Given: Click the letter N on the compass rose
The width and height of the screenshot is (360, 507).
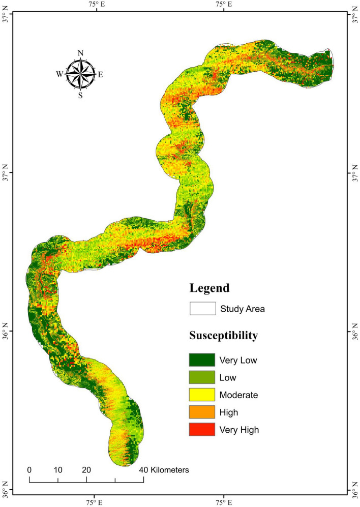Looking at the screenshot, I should coord(80,53).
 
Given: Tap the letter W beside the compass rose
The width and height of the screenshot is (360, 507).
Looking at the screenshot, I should coord(59,74).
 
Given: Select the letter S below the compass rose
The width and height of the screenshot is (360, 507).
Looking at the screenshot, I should coord(80,95).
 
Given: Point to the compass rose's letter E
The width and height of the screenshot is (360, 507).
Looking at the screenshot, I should coord(100,74).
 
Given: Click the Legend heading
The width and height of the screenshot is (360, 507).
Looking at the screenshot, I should coord(209,288).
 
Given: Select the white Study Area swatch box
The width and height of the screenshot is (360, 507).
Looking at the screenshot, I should coord(202,308).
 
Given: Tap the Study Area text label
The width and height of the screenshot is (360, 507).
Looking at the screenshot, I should coord(243,308).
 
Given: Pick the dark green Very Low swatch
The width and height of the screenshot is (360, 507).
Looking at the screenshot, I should coord(202,361).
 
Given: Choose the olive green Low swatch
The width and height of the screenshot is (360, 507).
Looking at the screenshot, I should coord(202,378).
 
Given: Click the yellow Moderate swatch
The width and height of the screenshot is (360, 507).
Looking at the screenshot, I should coord(202,395).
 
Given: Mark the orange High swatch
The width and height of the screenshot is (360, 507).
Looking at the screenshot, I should coord(202,412).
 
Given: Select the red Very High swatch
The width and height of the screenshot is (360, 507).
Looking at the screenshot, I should coord(202,430).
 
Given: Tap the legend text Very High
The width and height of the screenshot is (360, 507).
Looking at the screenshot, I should coord(239,430).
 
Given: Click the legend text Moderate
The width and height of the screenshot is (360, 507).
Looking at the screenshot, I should coord(238,395).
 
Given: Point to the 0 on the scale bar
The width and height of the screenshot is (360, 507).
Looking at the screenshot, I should coord(29,470).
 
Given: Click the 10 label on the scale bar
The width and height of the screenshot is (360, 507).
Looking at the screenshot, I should coord(58,470).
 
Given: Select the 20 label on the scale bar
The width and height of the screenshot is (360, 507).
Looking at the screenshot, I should coord(86,470).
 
